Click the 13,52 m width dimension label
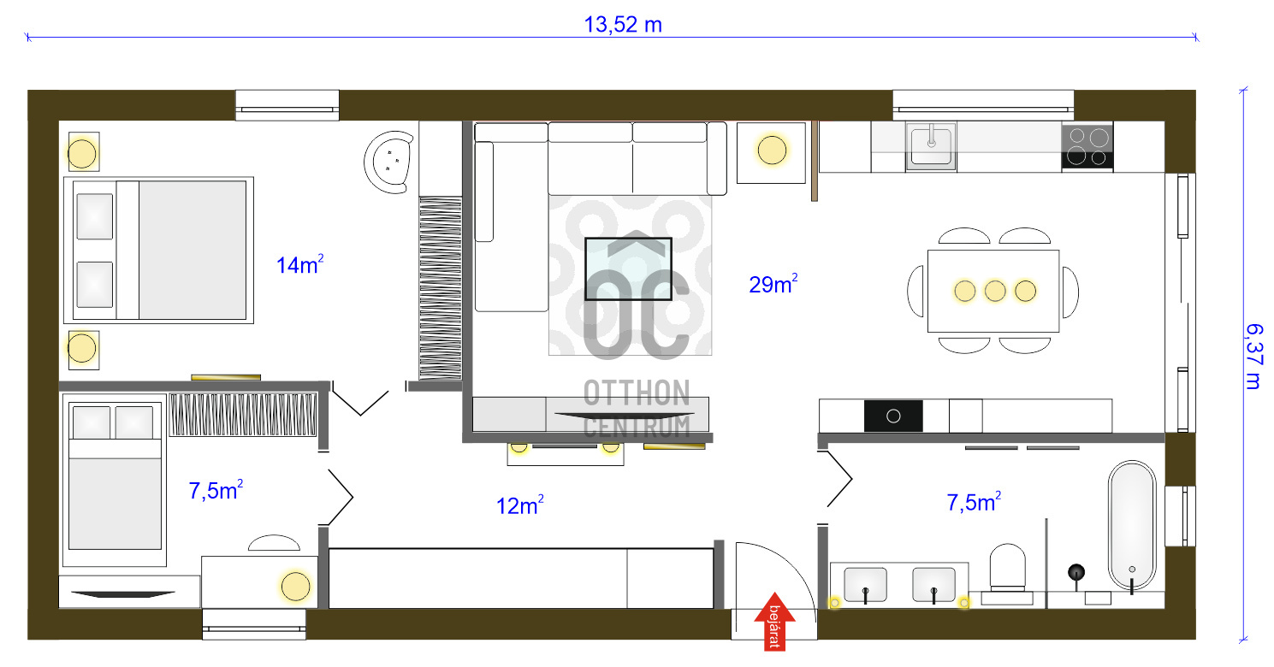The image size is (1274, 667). (x=623, y=24)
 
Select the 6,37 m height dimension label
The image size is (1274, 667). (x=1253, y=356)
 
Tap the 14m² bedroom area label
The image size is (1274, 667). (x=299, y=265)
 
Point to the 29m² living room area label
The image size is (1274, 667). (x=773, y=285)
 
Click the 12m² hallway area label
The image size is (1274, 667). (x=520, y=506)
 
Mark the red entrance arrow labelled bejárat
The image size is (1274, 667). (x=775, y=621)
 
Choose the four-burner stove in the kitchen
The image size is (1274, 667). (x=1087, y=145)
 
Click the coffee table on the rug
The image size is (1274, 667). (x=628, y=269)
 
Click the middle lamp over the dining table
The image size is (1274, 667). (x=994, y=291)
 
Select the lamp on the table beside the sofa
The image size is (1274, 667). (x=772, y=151)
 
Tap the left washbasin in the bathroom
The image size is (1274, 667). (x=865, y=585)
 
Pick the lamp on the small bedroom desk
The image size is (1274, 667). (x=295, y=586)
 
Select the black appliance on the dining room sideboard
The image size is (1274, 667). (x=893, y=416)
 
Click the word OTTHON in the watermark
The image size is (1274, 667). (x=637, y=393)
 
